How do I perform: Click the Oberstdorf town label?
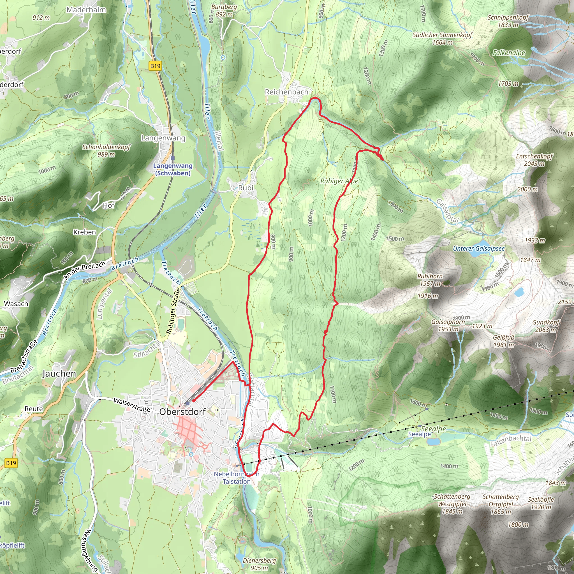(182, 411)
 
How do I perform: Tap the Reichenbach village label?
(286, 92)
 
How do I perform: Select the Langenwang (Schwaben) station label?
(173, 169)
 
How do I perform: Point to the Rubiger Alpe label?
(339, 181)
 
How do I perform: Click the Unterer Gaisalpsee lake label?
(479, 248)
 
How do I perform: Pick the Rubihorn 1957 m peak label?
(430, 280)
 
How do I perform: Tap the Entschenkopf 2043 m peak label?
(534, 160)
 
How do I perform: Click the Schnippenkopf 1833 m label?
(508, 21)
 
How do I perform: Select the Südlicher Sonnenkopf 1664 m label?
(442, 39)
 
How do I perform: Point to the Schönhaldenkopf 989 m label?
(106, 151)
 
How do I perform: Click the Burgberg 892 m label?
(224, 10)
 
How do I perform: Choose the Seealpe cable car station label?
(419, 434)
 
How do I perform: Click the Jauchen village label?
(59, 373)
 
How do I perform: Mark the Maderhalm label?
(86, 10)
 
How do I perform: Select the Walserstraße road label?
(132, 405)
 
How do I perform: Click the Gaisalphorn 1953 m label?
(448, 325)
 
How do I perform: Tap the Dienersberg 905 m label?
(259, 564)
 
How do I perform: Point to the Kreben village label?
(85, 232)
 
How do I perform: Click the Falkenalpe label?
(509, 53)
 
